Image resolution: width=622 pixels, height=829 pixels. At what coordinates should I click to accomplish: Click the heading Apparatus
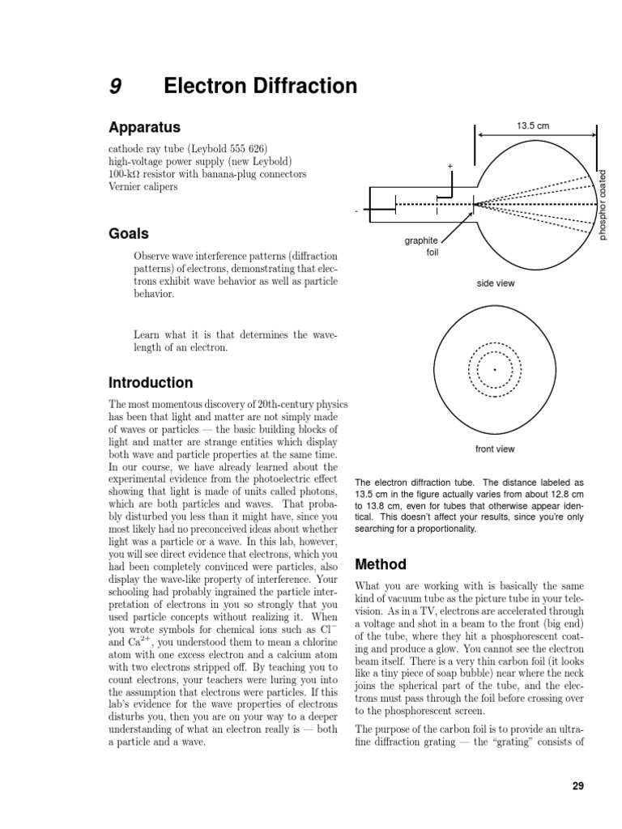click(x=144, y=128)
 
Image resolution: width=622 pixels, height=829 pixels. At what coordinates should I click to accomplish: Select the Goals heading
click(x=129, y=234)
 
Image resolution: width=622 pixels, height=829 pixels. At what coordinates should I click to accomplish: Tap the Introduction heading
click(x=151, y=382)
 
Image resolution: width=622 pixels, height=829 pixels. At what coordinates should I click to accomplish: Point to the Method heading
click(x=381, y=563)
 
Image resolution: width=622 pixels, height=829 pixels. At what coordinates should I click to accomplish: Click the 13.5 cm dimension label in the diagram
click(x=533, y=125)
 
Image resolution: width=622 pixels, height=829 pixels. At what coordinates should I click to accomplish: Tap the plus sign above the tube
click(x=450, y=166)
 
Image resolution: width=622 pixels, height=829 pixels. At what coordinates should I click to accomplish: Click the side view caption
click(x=495, y=283)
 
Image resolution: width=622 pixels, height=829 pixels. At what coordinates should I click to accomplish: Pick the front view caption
click(x=495, y=449)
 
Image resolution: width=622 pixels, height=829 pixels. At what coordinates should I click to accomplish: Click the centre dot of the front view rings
click(x=495, y=370)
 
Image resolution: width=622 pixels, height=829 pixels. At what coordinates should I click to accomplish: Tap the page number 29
click(x=577, y=785)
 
